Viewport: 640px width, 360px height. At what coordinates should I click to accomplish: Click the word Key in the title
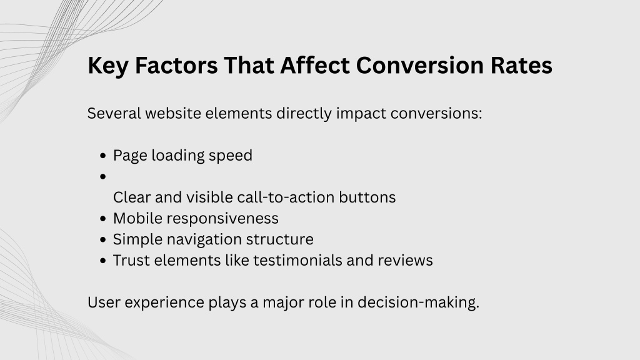pyautogui.click(x=107, y=66)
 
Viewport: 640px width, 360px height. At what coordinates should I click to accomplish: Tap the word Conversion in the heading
pyautogui.click(x=419, y=65)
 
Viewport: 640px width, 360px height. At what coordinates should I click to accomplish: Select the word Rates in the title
pyautogui.click(x=521, y=65)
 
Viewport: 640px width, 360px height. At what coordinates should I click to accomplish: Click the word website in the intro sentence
pyautogui.click(x=173, y=113)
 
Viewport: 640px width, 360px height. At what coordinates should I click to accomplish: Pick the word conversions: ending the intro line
pyautogui.click(x=436, y=114)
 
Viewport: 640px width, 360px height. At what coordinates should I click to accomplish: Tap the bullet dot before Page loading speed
pyautogui.click(x=103, y=156)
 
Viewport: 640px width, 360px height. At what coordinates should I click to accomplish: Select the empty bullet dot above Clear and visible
pyautogui.click(x=103, y=177)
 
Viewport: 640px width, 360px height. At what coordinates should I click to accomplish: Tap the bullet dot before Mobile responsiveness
pyautogui.click(x=103, y=219)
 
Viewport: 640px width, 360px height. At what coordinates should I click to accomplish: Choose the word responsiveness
pyautogui.click(x=222, y=219)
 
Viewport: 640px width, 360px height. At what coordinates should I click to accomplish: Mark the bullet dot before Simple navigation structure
pyautogui.click(x=103, y=239)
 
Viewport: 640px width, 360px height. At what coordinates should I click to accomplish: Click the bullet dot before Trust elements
pyautogui.click(x=103, y=261)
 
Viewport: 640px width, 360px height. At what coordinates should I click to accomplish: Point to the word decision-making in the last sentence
pyautogui.click(x=418, y=303)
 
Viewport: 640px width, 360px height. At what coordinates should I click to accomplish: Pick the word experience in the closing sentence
pyautogui.click(x=164, y=303)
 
